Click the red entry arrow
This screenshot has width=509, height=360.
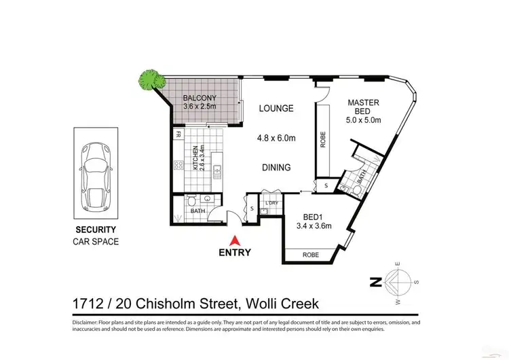pyautogui.click(x=234, y=240)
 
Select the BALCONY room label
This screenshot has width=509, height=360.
pyautogui.click(x=200, y=97)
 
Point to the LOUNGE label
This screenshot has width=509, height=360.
pyautogui.click(x=276, y=108)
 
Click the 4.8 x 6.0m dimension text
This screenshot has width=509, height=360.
pyautogui.click(x=276, y=138)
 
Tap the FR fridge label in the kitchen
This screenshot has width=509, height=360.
pyautogui.click(x=178, y=134)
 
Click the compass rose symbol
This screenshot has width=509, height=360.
pyautogui.click(x=398, y=281)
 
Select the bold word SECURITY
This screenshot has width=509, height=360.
pyautogui.click(x=95, y=230)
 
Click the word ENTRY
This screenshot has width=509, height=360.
pyautogui.click(x=235, y=253)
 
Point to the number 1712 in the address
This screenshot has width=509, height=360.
pyautogui.click(x=88, y=302)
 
